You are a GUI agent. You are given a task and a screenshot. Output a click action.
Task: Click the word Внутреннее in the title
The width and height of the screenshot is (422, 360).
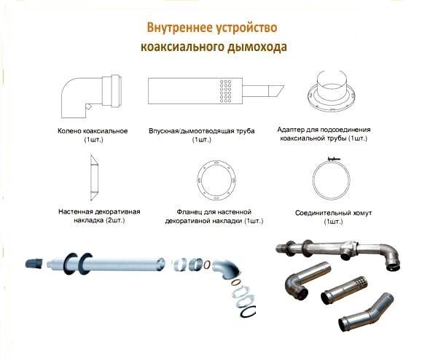pos(179,28)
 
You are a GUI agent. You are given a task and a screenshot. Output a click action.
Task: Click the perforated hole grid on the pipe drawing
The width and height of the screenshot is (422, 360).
pos(225,91)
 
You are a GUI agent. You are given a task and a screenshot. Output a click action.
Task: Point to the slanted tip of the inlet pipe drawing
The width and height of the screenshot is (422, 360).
pos(276,92)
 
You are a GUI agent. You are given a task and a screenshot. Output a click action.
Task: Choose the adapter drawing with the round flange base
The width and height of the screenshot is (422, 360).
pos(331,92)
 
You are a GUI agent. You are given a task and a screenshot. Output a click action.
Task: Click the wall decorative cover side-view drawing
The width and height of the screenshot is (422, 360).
pos(95,178)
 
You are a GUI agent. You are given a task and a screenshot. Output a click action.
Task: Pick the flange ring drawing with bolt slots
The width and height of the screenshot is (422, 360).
pos(216,180)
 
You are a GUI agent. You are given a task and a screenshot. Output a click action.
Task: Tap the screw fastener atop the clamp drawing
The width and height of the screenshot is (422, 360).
pos(332,159)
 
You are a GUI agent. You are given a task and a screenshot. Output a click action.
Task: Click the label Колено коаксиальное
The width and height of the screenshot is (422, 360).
pos(93,131)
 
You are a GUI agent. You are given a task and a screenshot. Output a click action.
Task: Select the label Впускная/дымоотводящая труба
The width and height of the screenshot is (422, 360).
pos(202,131)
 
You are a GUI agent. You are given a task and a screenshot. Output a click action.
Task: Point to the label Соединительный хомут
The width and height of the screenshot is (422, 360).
pos(334,213)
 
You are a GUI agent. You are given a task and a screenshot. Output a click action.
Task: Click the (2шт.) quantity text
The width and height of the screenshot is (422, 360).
pos(116,220)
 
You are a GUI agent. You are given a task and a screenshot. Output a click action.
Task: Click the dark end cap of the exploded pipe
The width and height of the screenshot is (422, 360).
pos(34,263)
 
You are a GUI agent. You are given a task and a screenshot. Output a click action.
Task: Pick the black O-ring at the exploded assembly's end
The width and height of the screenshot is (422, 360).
pos(248,312)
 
